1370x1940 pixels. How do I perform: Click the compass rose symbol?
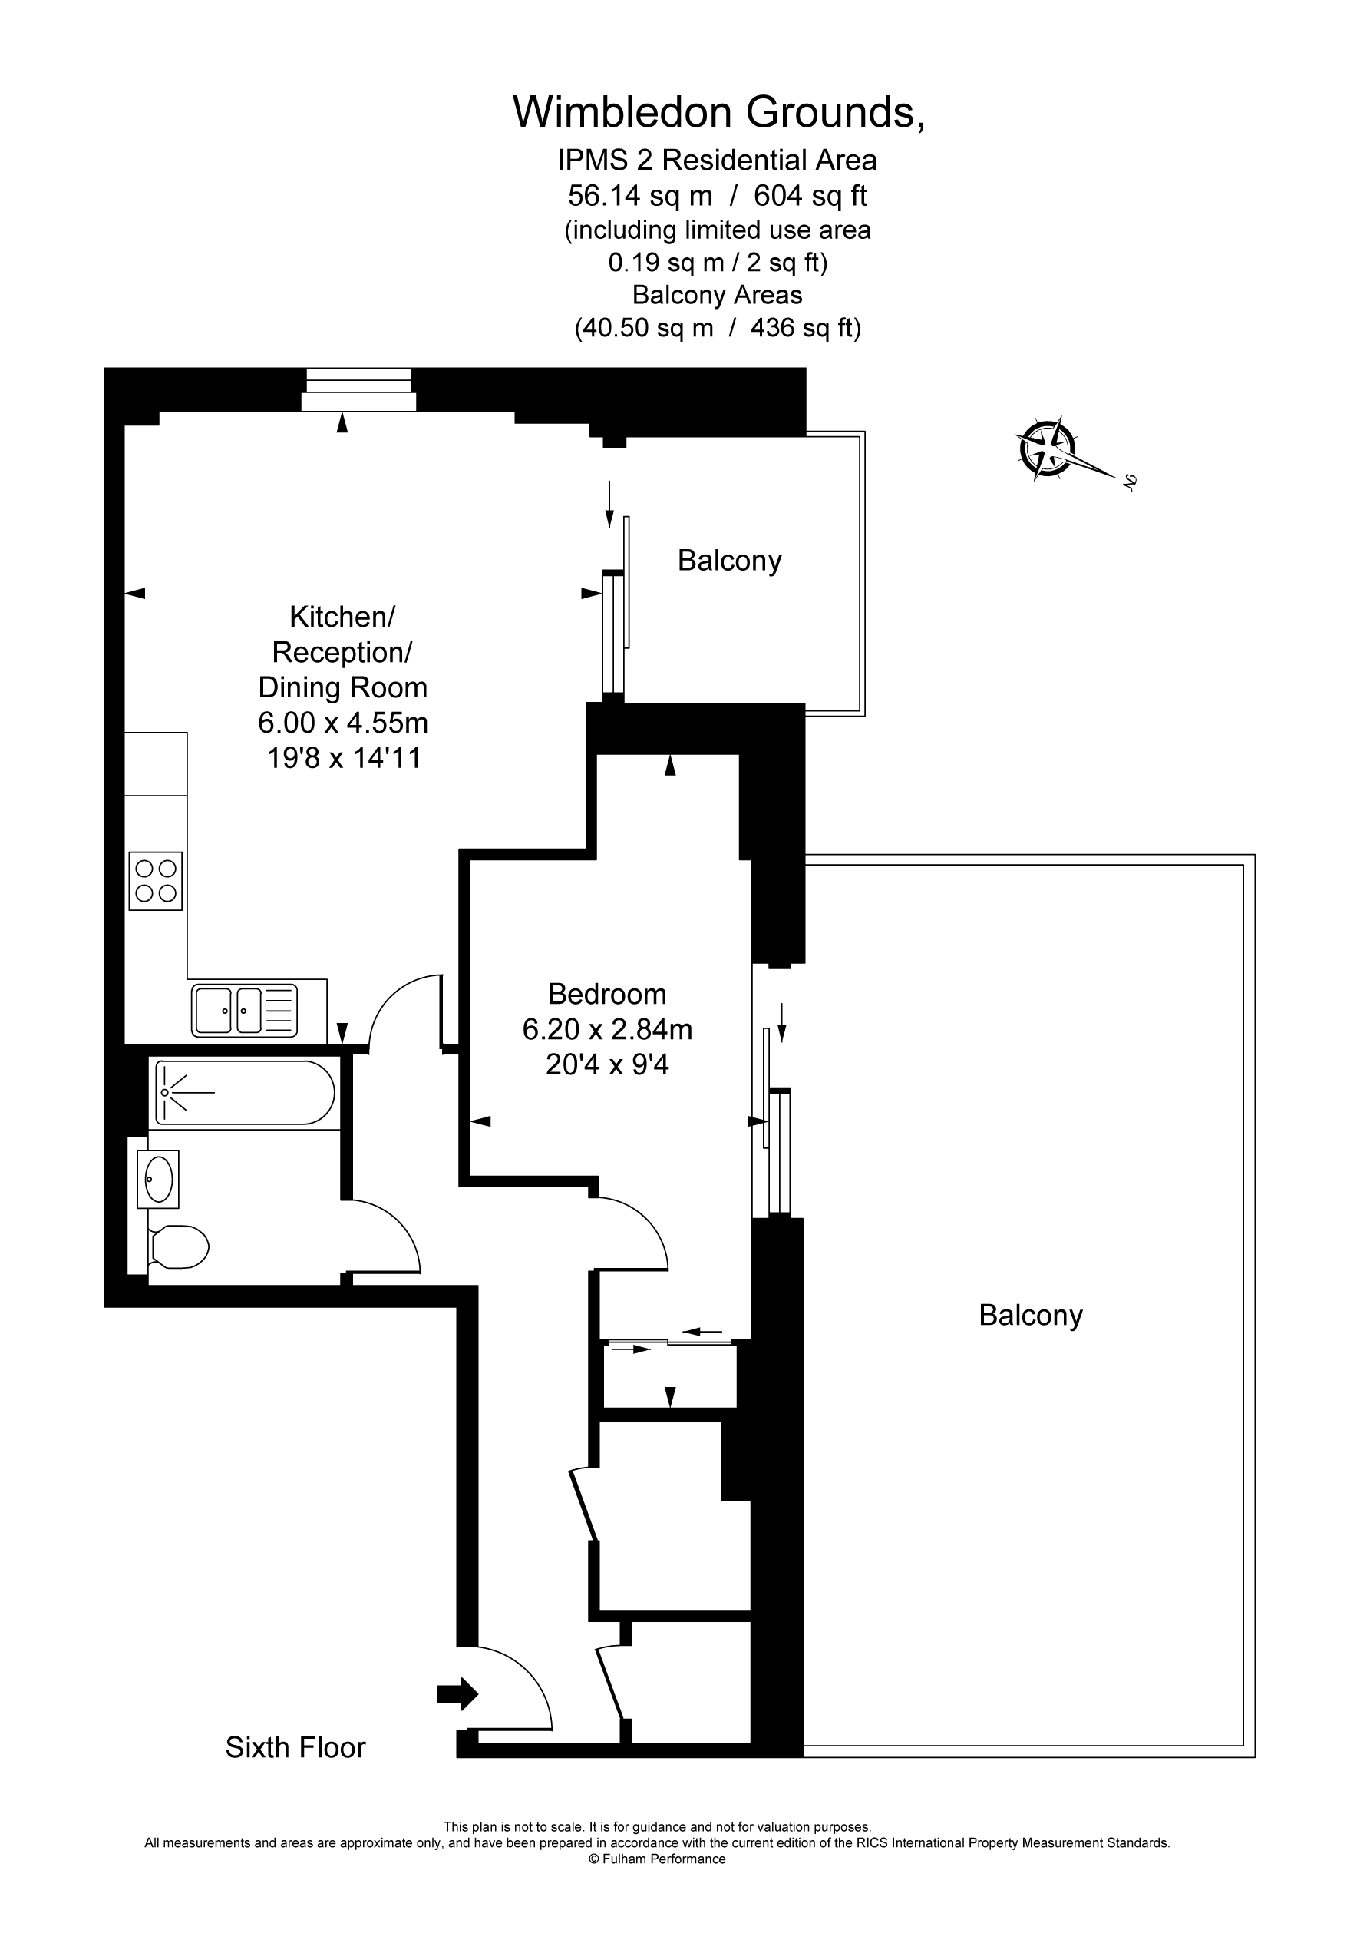1048,448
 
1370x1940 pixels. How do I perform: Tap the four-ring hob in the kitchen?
155,880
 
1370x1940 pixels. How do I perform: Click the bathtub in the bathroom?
244,1093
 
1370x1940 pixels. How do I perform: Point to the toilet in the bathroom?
177,1247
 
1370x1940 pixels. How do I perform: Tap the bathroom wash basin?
158,1179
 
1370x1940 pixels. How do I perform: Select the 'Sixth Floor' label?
295,1747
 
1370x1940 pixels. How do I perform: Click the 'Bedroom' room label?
606,994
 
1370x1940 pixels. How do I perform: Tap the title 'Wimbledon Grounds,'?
718,112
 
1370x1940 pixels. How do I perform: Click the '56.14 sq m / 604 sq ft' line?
717,196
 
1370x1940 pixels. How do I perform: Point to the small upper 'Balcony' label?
729,560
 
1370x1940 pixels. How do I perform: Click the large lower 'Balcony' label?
1030,1315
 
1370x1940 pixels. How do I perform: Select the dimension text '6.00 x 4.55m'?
343,723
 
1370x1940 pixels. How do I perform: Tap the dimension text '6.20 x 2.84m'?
606,1029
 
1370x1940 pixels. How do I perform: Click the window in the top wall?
358,389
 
